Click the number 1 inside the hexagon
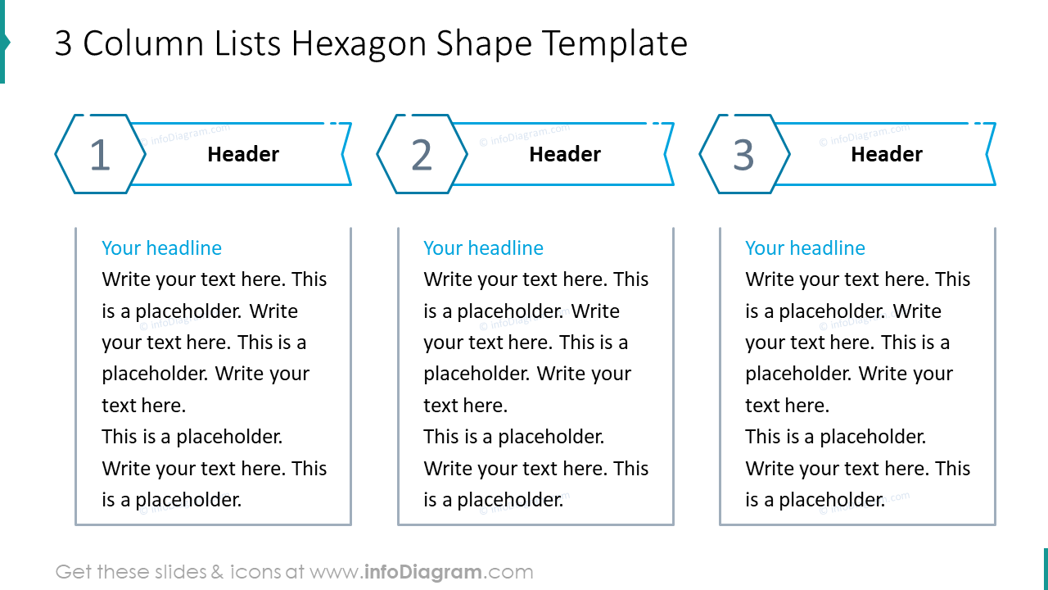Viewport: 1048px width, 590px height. tap(99, 155)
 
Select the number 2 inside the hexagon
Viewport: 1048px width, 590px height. tap(421, 155)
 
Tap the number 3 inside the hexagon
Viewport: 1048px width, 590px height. tap(743, 155)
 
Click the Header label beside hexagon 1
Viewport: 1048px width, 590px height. tap(243, 154)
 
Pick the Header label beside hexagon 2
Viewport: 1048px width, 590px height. tap(565, 154)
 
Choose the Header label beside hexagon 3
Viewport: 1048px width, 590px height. tap(887, 154)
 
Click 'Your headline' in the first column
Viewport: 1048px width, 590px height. tap(161, 248)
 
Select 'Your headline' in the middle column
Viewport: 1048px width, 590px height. tap(483, 248)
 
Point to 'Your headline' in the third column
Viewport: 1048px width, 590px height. tap(805, 248)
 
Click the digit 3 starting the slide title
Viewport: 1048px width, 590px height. tap(63, 44)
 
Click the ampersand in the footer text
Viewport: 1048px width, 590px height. tap(217, 572)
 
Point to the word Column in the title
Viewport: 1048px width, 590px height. tap(137, 44)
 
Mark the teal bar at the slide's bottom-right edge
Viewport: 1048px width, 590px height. tap(1045, 569)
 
